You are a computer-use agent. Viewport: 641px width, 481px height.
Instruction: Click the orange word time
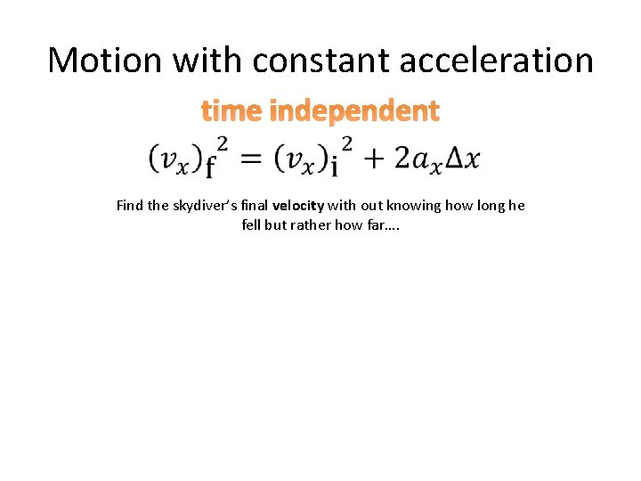pos(231,111)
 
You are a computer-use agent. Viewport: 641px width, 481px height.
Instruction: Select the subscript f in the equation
pos(212,167)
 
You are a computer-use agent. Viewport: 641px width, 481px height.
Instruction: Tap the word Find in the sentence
pos(130,206)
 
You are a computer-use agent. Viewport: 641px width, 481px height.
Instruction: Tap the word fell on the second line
pos(251,225)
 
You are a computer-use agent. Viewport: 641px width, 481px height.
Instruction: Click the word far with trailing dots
pos(385,225)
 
